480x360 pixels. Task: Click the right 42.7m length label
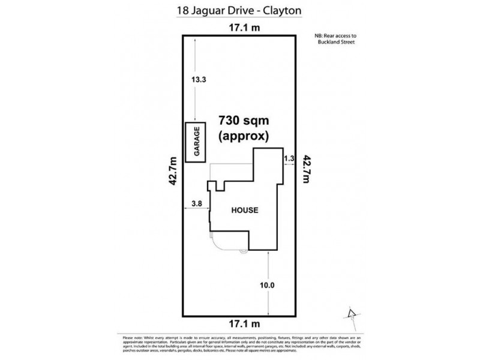[307, 172]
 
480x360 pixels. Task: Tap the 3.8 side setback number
[195, 203]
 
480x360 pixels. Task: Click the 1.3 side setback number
[289, 158]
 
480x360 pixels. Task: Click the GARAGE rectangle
[196, 142]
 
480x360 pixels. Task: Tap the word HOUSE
[245, 211]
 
